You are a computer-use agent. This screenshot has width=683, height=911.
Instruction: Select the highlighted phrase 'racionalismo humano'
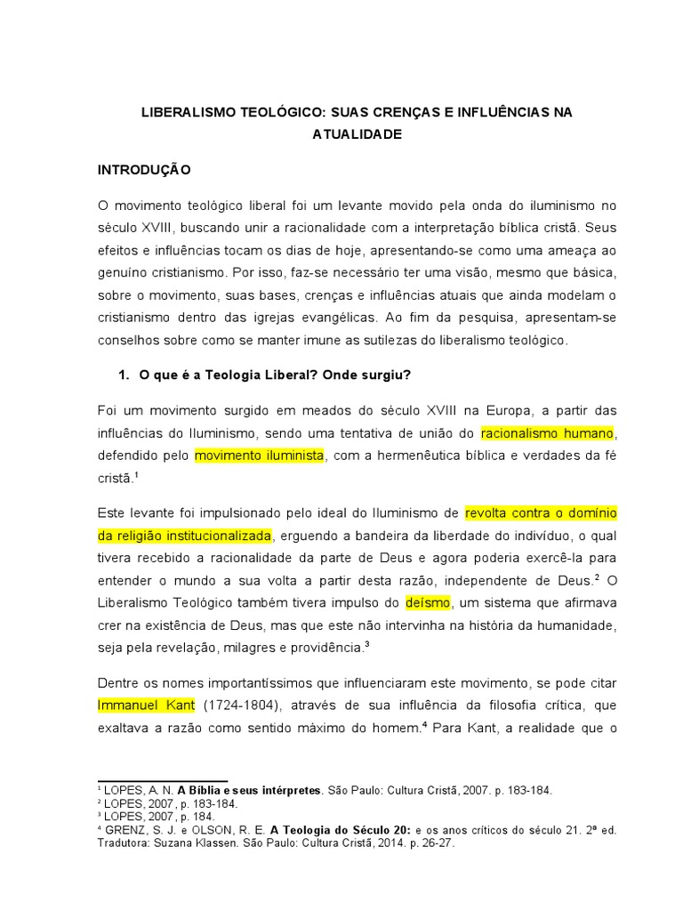click(547, 433)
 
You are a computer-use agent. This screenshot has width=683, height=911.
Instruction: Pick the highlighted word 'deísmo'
click(428, 602)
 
